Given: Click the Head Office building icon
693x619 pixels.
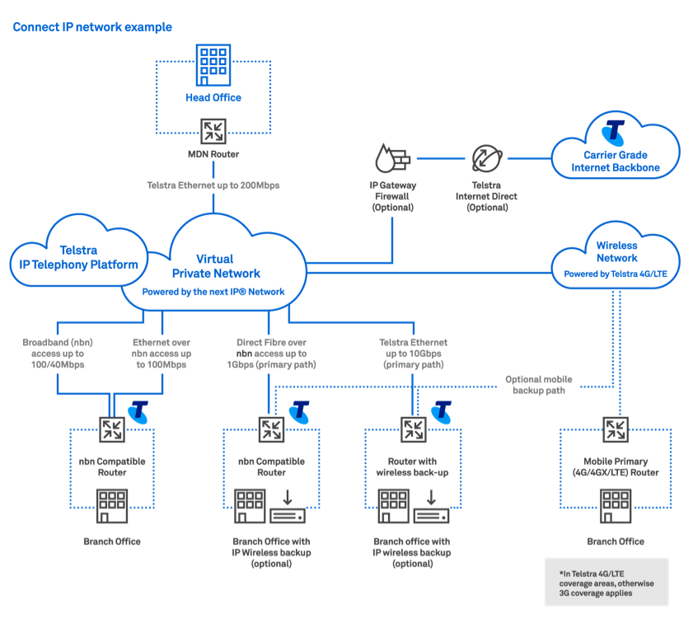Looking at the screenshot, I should pos(213,64).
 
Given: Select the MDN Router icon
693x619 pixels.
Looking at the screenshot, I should pos(213,130).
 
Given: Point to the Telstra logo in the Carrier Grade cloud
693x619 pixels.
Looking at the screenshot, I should pos(614,132).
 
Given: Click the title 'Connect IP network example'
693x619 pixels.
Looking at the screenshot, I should pos(92,27).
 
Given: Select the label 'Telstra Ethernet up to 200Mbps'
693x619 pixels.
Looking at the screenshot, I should pos(213,185).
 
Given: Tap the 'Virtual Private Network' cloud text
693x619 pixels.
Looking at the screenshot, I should pos(215,266).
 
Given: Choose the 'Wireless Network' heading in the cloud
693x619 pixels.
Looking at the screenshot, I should pos(616,251).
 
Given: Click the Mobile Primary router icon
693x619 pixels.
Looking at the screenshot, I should pos(615,429).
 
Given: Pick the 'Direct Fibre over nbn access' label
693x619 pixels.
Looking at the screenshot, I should pos(271,354).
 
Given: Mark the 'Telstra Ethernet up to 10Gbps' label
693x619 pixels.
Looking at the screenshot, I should pos(413,354).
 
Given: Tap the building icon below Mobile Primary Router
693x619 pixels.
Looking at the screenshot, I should pos(615,503).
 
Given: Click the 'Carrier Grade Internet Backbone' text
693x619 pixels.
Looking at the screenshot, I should pos(616,162).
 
